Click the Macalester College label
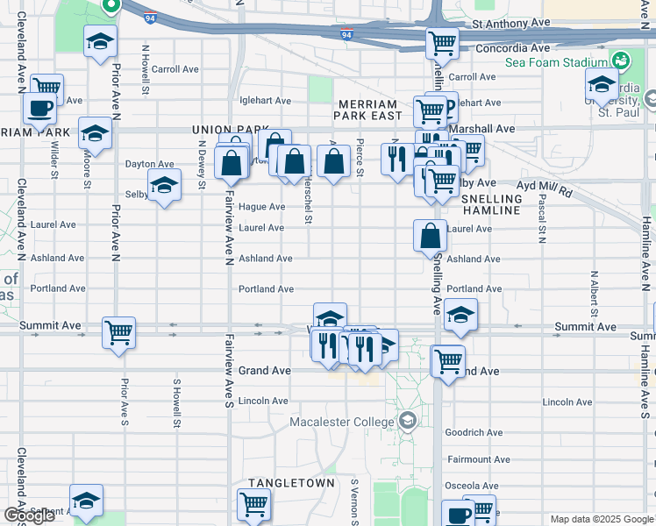(x=342, y=423)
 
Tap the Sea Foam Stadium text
(x=555, y=63)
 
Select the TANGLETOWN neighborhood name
(x=291, y=483)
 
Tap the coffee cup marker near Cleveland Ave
(x=39, y=109)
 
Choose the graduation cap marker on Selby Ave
(x=163, y=186)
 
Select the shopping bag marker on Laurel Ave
(x=431, y=236)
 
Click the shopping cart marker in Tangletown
(x=253, y=503)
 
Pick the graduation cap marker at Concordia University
(x=602, y=85)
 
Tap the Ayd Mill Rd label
(x=545, y=186)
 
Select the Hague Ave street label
(x=262, y=207)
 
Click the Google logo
(x=29, y=515)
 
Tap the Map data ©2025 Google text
(x=602, y=519)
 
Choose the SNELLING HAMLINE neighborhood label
(x=491, y=205)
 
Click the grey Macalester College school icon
(x=407, y=422)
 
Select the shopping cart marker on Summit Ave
(x=118, y=332)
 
